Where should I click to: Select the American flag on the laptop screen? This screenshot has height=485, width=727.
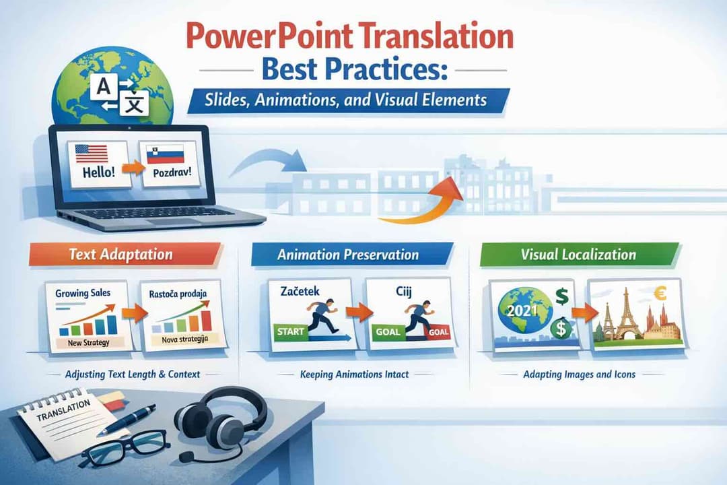click(x=92, y=154)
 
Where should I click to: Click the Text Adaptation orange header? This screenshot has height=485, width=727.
click(x=121, y=255)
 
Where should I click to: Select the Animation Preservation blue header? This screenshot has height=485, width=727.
click(x=347, y=255)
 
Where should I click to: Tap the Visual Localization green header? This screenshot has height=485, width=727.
click(x=578, y=255)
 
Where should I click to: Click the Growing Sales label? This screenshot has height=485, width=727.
click(x=83, y=293)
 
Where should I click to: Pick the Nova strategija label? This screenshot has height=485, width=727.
click(x=184, y=339)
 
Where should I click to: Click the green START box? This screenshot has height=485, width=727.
click(x=290, y=331)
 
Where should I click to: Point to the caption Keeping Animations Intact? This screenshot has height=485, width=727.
click(x=354, y=374)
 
